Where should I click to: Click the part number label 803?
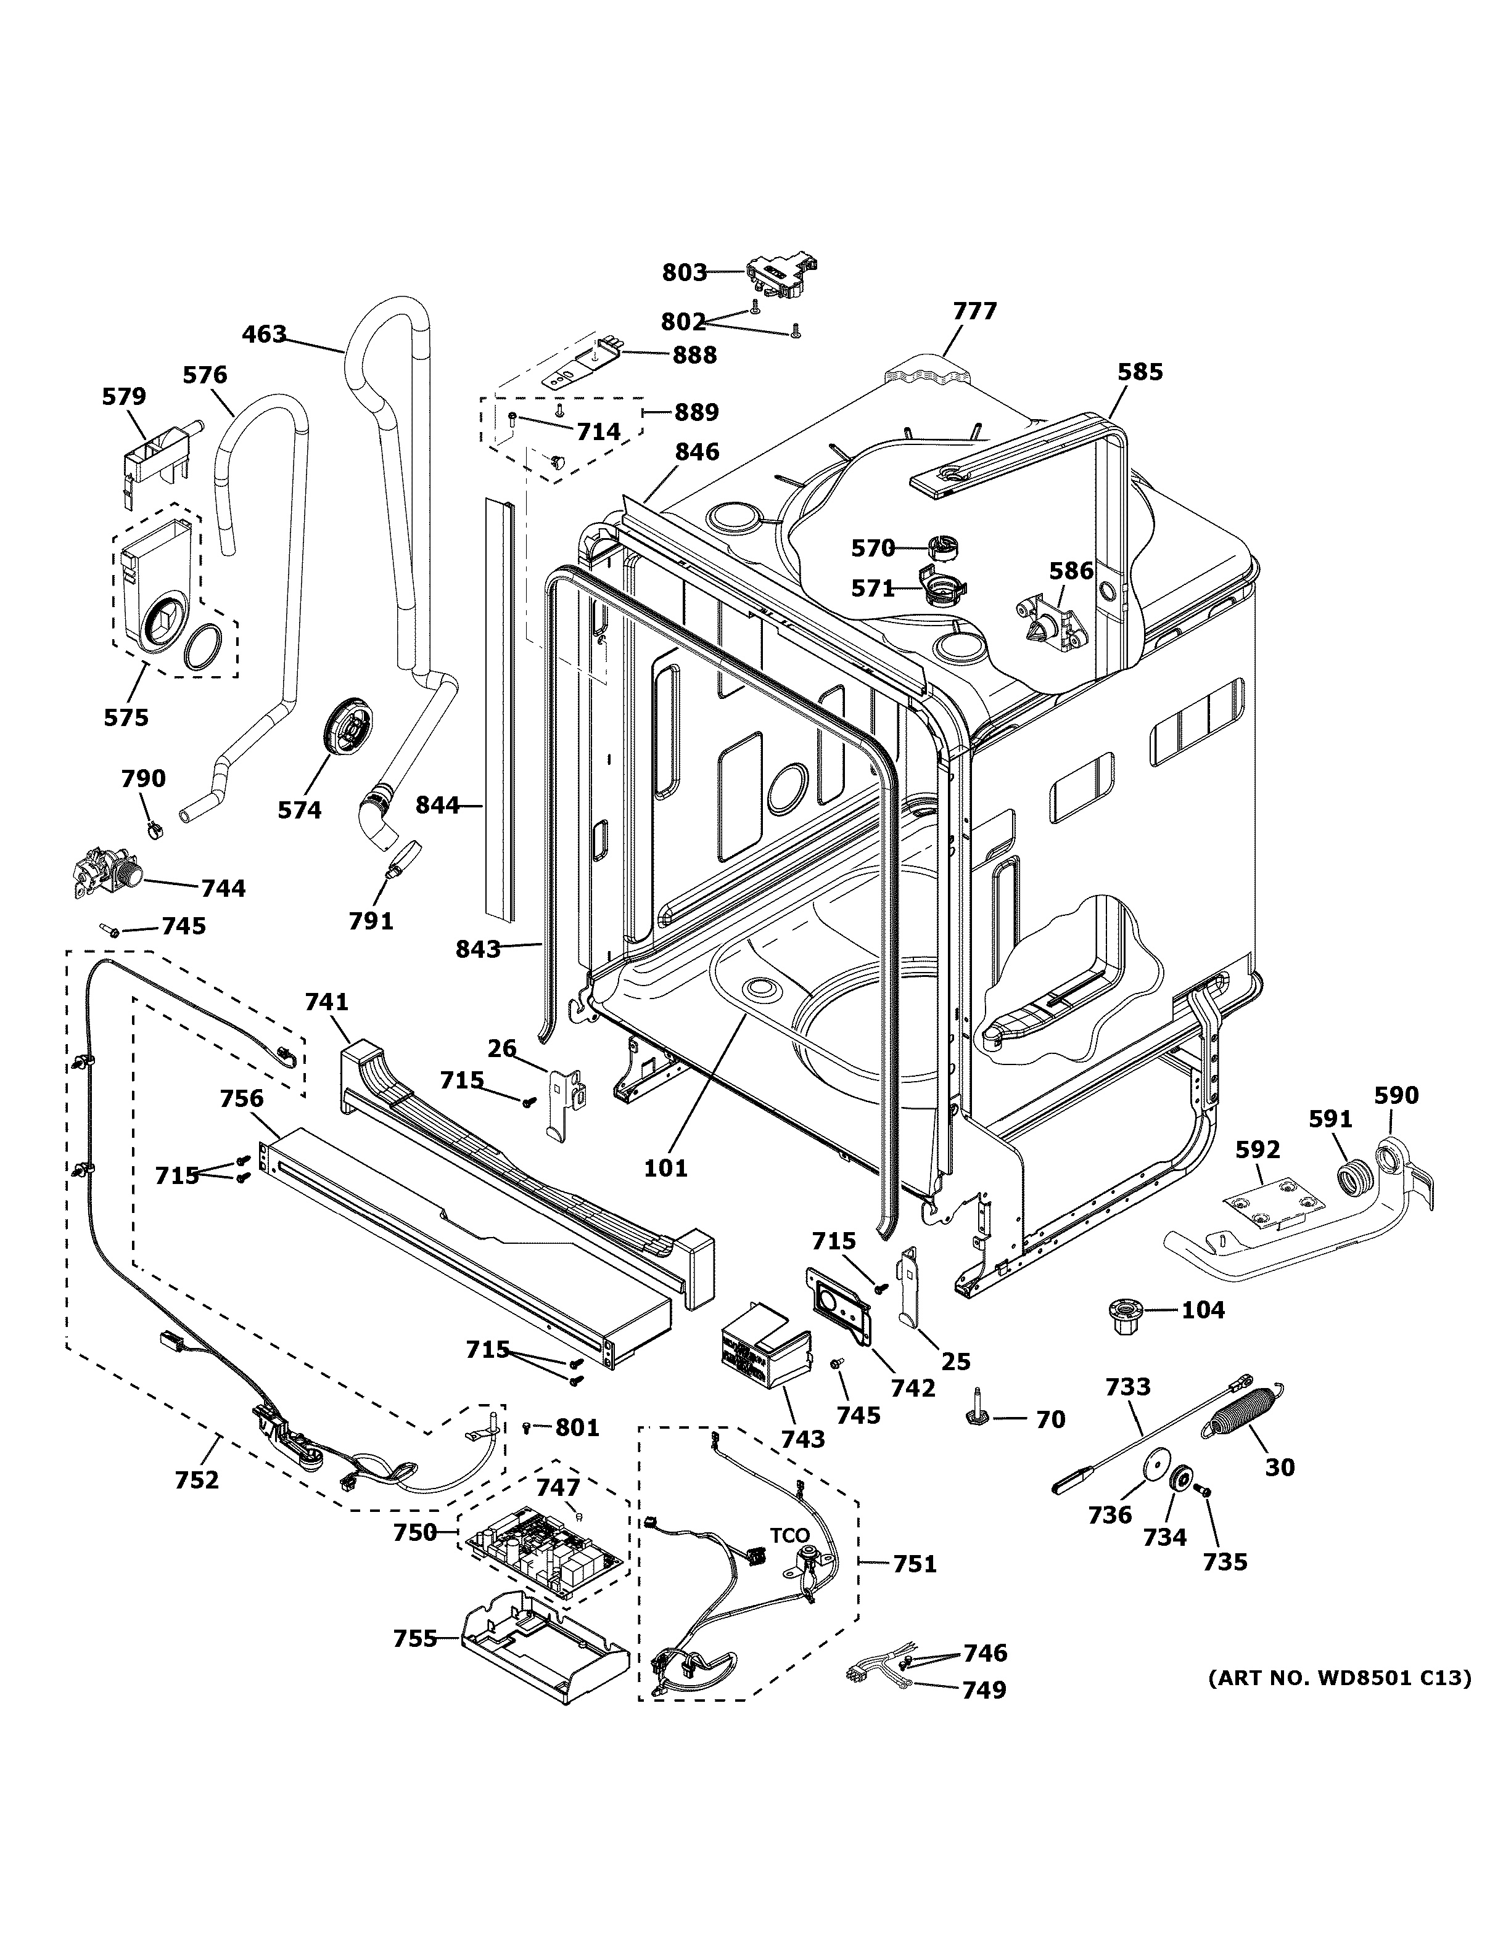(x=684, y=272)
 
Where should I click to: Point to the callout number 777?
(x=974, y=311)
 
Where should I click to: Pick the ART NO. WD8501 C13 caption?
(x=1338, y=1678)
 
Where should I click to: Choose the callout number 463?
(x=265, y=334)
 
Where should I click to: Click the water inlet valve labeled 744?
(x=105, y=872)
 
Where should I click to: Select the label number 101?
(x=666, y=1167)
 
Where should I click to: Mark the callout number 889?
(x=696, y=412)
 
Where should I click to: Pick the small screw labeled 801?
(x=527, y=1427)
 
